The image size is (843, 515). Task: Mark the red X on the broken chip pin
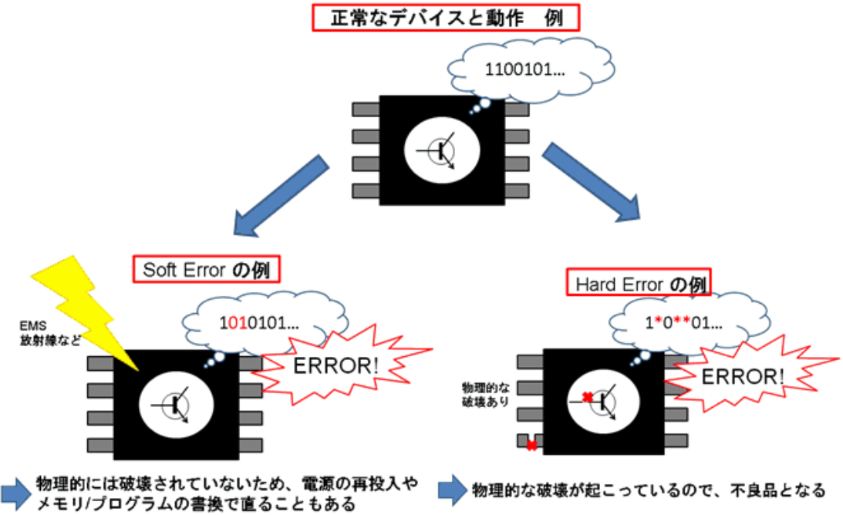click(x=531, y=446)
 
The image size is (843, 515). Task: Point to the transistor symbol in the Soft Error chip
click(x=176, y=402)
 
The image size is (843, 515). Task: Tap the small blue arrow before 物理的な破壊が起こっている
click(x=452, y=490)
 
